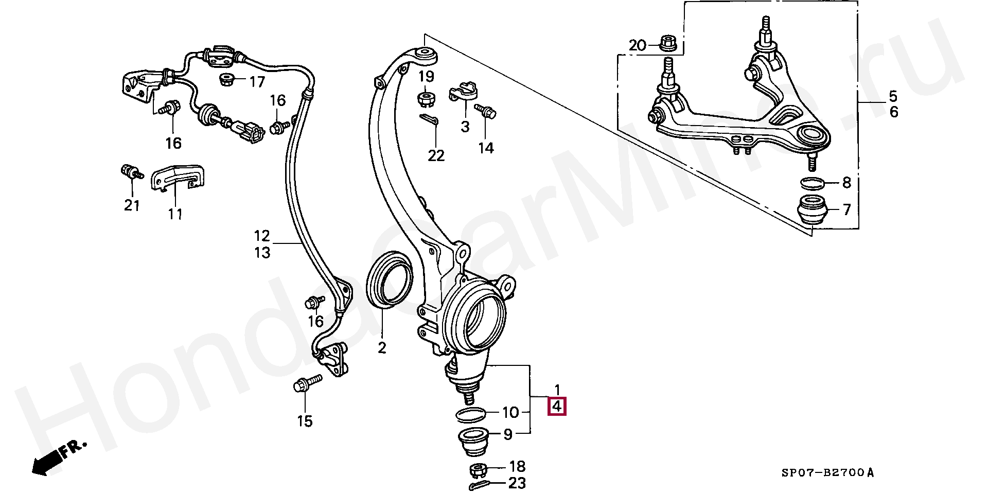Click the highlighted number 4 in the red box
click(x=556, y=407)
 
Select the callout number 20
click(x=637, y=46)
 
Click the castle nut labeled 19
click(x=426, y=97)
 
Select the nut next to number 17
click(x=227, y=80)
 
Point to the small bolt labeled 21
click(x=131, y=172)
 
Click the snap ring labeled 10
click(x=471, y=414)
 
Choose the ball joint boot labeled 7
click(x=813, y=209)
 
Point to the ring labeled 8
click(x=813, y=183)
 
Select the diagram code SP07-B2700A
click(x=827, y=472)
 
